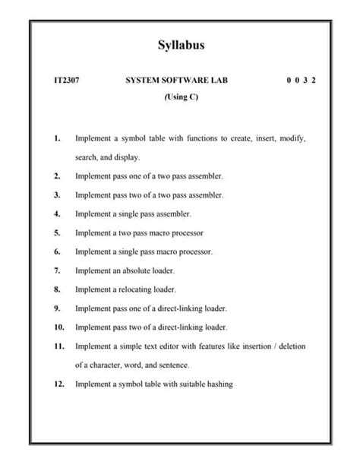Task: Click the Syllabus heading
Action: pos(181,46)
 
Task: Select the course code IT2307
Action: pos(66,80)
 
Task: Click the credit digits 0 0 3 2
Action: pos(302,80)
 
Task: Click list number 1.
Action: pos(58,139)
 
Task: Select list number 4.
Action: pos(58,214)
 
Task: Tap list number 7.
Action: pos(58,270)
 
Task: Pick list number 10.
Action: pos(59,327)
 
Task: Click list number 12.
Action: pos(59,384)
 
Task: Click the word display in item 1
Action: pos(127,157)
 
